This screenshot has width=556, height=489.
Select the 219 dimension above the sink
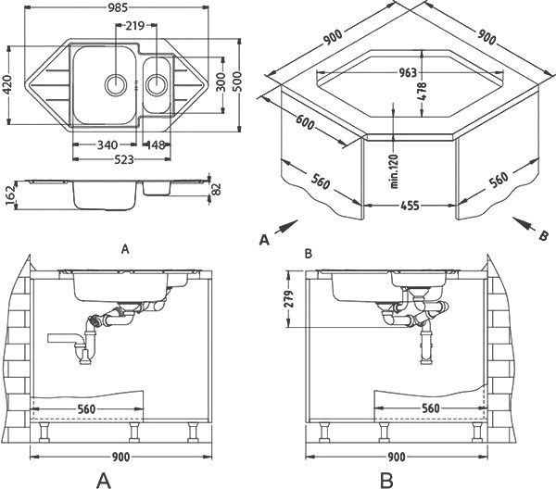[x=135, y=26]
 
